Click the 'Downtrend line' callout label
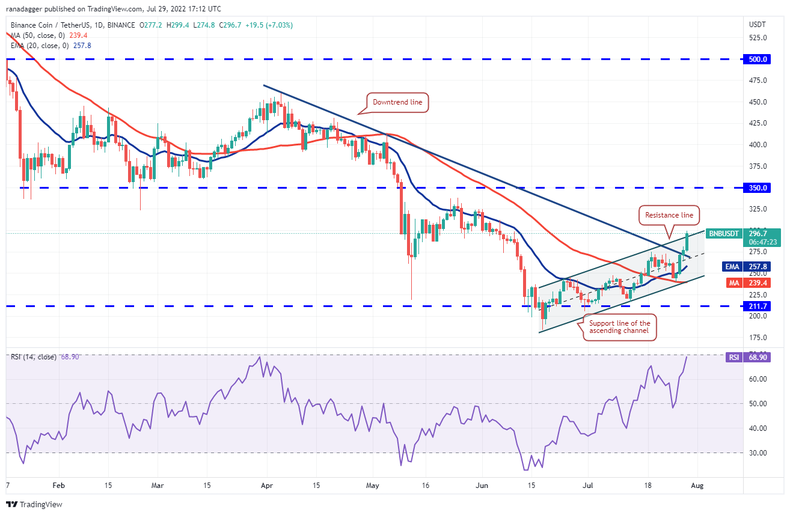(397, 103)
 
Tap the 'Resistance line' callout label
(669, 215)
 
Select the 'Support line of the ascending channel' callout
(619, 328)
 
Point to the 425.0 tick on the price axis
(756, 123)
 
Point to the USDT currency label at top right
(756, 25)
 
